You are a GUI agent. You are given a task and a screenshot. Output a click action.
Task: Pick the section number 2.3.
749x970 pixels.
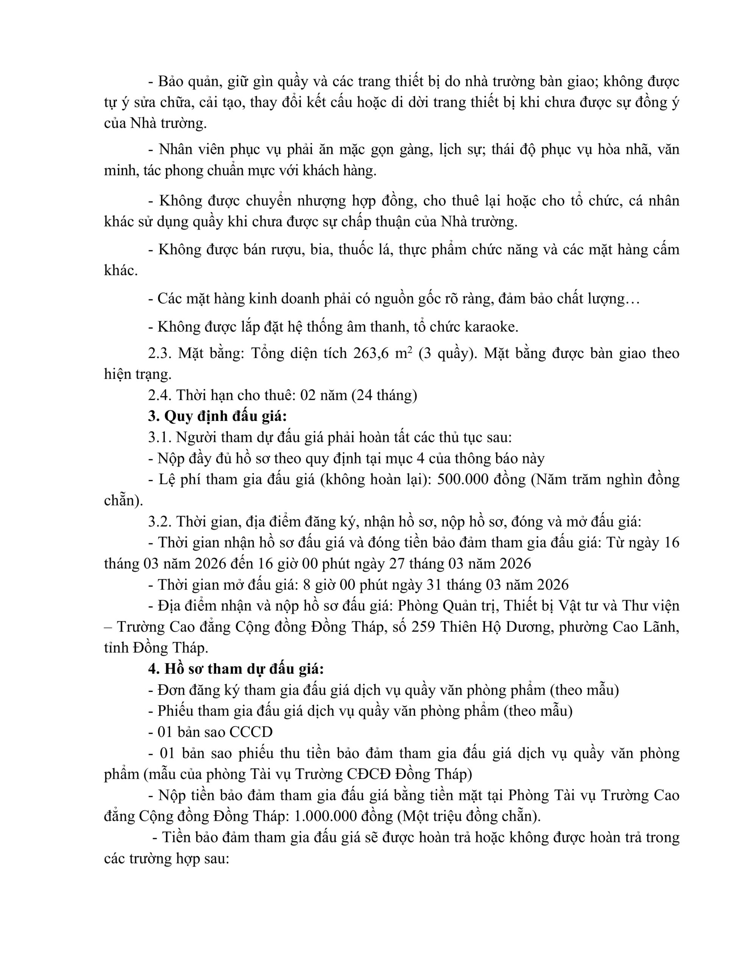pyautogui.click(x=160, y=353)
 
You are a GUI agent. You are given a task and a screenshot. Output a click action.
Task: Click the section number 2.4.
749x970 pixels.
pyautogui.click(x=160, y=395)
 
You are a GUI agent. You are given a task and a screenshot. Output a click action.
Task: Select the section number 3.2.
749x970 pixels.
pyautogui.click(x=160, y=521)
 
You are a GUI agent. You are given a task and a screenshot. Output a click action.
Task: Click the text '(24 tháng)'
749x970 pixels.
pyautogui.click(x=384, y=395)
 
